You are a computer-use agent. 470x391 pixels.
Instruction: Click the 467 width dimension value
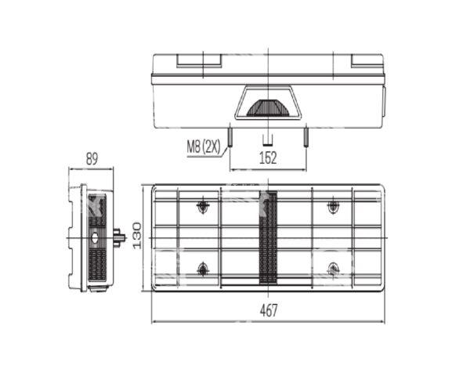269,310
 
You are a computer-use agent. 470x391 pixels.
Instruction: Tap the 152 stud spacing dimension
268,158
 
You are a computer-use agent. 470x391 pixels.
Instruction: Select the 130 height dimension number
137,236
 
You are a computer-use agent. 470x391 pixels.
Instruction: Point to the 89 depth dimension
92,159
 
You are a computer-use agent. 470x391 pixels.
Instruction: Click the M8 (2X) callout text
204,147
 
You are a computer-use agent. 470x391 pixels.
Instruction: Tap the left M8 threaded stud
230,137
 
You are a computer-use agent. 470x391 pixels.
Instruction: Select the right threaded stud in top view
305,137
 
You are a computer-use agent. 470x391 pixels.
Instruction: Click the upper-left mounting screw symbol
203,206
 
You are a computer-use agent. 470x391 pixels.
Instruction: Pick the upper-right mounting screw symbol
333,206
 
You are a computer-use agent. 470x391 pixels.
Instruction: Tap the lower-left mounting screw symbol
203,269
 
